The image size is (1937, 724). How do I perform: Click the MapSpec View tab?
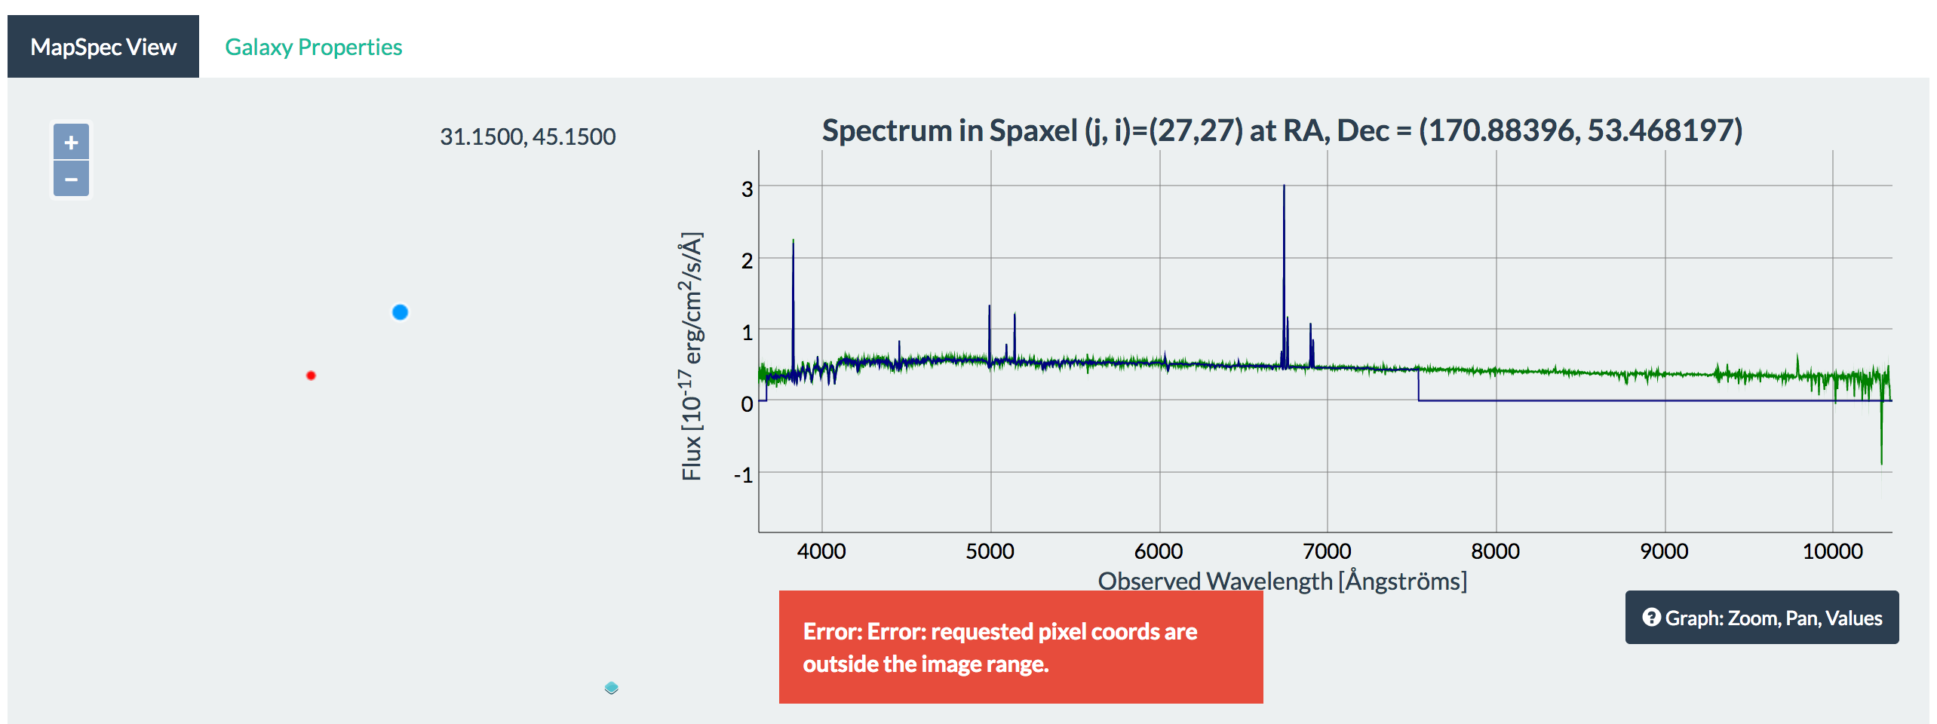(x=103, y=47)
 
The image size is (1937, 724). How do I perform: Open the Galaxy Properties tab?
(x=313, y=47)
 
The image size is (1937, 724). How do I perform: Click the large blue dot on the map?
(x=400, y=312)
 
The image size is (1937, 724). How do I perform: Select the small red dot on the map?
(x=311, y=376)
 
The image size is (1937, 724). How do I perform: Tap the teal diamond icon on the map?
(x=612, y=688)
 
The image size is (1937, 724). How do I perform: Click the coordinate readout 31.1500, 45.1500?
(x=527, y=137)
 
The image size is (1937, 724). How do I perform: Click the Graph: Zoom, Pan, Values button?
(x=1761, y=618)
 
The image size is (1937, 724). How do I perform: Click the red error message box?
(x=1021, y=647)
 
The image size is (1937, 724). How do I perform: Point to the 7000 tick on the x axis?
(x=1328, y=551)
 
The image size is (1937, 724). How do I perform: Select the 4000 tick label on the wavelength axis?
(x=821, y=551)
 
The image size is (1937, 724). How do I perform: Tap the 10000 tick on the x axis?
(x=1832, y=551)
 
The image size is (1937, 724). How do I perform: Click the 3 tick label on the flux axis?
(x=747, y=189)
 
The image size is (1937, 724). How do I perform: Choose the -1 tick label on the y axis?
(x=744, y=475)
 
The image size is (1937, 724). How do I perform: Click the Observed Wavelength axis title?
(x=1282, y=581)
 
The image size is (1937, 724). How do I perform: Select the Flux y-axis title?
(x=691, y=356)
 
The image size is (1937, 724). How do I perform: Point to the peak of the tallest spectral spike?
(x=1284, y=186)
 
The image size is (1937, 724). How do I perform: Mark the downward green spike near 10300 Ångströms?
(x=1881, y=460)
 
